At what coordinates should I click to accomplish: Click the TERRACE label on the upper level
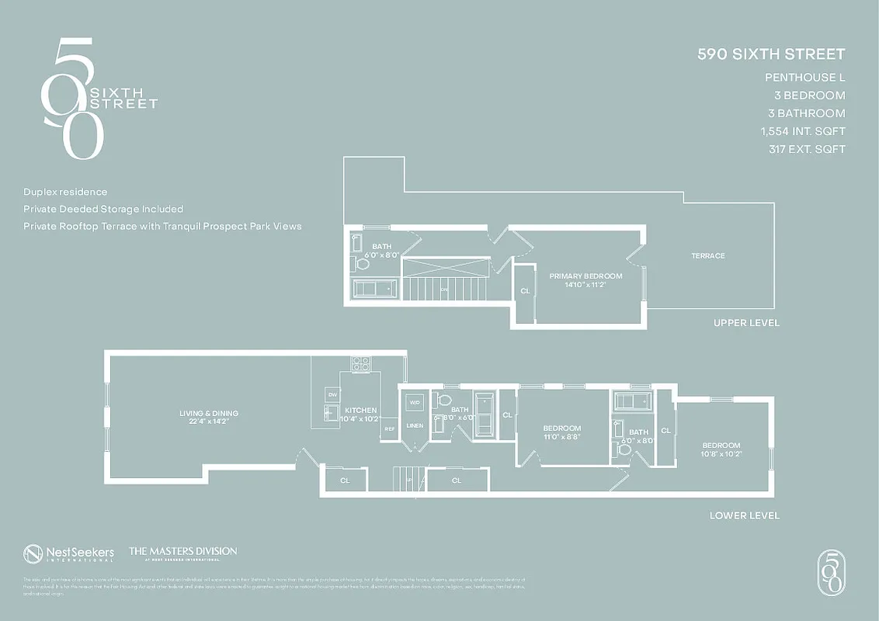click(707, 256)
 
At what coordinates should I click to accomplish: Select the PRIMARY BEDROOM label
click(575, 276)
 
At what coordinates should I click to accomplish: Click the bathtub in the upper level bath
click(375, 289)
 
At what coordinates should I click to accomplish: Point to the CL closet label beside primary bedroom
click(525, 291)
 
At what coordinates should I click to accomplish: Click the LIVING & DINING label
click(209, 413)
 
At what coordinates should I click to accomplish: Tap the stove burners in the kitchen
click(360, 363)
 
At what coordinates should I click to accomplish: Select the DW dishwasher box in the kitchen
click(332, 395)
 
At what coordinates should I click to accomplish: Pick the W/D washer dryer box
click(415, 403)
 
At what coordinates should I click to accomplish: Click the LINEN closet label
click(415, 425)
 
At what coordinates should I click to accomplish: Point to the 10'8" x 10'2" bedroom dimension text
click(721, 454)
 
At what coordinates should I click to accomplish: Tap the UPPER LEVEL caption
click(746, 323)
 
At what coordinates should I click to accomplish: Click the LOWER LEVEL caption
click(744, 515)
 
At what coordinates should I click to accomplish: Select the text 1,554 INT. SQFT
click(803, 131)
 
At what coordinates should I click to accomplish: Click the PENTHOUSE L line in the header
click(804, 78)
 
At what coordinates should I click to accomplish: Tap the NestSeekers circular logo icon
click(33, 553)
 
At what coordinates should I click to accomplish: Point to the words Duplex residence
click(65, 192)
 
